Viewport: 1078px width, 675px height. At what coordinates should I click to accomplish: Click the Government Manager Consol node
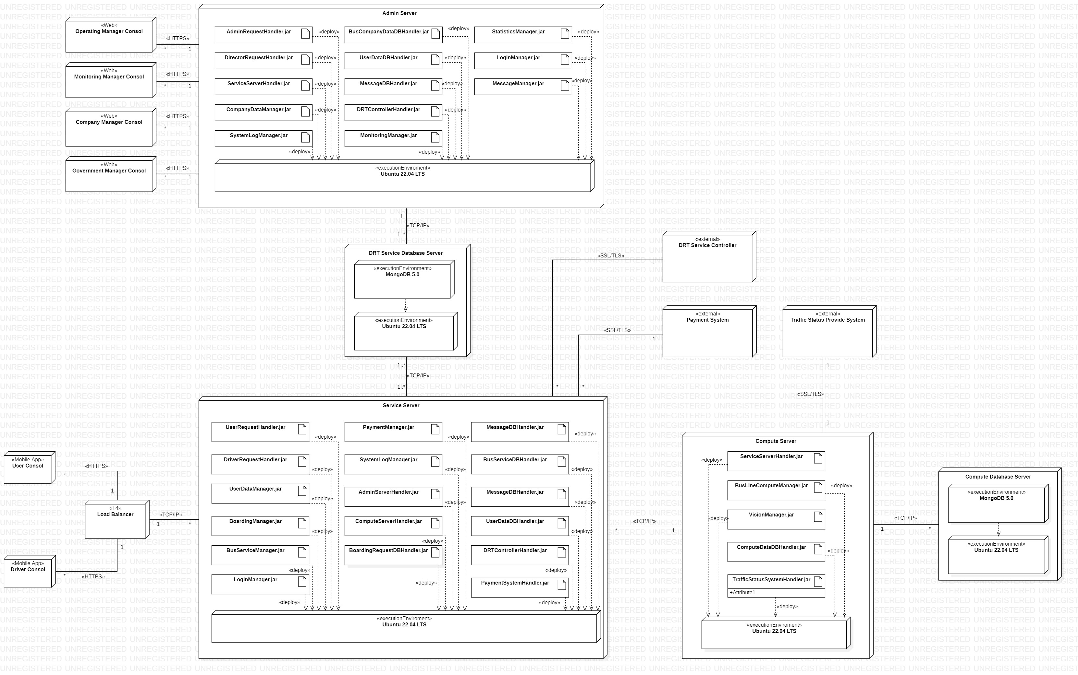[x=109, y=174]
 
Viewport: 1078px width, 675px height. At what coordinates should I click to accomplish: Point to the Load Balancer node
[x=115, y=521]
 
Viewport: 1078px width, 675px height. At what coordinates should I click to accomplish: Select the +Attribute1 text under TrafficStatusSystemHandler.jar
[x=742, y=592]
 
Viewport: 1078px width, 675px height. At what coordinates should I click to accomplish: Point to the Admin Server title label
[x=399, y=13]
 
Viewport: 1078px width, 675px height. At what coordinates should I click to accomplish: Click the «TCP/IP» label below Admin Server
[x=418, y=225]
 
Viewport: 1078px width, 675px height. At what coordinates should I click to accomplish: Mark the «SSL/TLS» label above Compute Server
[x=810, y=394]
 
